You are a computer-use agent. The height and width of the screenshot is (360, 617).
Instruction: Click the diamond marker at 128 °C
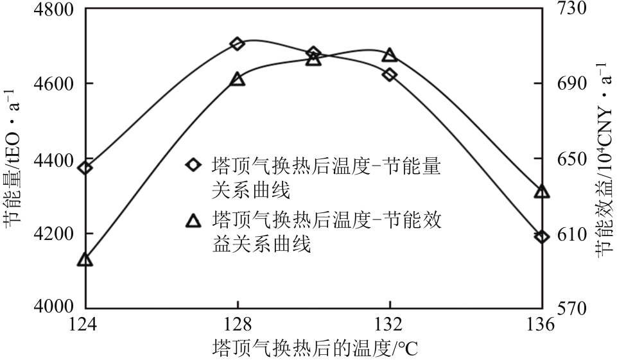(x=238, y=44)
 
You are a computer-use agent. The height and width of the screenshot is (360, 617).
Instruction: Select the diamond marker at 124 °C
(x=85, y=168)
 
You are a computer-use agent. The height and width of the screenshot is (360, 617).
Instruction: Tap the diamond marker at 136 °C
(x=542, y=237)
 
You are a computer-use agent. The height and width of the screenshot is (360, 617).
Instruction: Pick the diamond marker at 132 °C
(x=390, y=74)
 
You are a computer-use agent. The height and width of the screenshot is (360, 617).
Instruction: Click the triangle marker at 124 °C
(x=85, y=260)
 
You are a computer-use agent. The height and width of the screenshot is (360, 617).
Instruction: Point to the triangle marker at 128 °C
(x=238, y=79)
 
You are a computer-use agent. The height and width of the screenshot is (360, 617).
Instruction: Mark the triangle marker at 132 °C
(x=390, y=55)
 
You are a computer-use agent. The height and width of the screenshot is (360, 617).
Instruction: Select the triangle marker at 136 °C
(x=542, y=191)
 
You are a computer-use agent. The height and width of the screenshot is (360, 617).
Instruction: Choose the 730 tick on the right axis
(x=567, y=10)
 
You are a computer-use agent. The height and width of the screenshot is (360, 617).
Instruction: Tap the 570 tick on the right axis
(x=567, y=308)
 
